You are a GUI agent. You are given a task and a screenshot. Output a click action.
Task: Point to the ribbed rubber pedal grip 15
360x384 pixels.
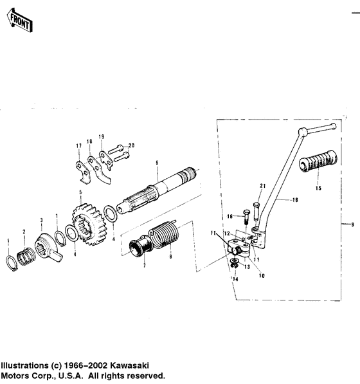(x=319, y=163)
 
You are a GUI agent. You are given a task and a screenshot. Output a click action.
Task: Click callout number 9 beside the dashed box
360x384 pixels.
(x=352, y=224)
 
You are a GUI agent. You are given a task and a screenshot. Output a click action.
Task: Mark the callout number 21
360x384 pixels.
(x=262, y=186)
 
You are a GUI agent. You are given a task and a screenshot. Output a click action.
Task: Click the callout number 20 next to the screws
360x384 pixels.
(x=132, y=145)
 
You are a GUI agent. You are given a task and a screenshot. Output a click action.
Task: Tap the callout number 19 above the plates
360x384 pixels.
(x=101, y=137)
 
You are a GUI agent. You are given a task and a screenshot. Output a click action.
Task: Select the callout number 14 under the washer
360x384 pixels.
(x=235, y=279)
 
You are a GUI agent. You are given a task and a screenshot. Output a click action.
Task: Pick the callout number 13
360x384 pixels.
(x=246, y=266)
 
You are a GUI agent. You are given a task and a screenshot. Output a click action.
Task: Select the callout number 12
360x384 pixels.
(x=226, y=233)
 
